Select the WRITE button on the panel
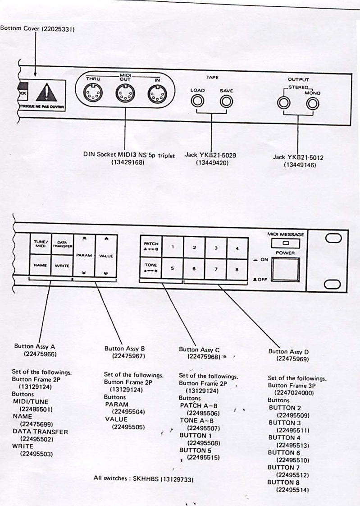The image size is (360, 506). [61, 266]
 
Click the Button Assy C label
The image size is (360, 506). [199, 349]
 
